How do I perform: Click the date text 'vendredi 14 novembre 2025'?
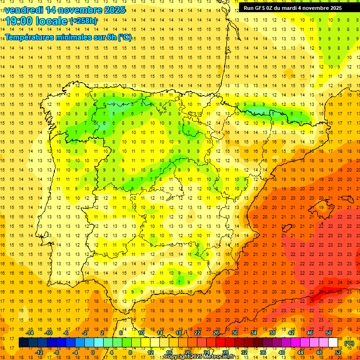[65, 10]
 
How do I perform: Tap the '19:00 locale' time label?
[37, 21]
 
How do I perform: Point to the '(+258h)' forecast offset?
[83, 21]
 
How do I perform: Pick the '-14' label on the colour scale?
[30, 333]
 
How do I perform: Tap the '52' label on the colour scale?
[338, 352]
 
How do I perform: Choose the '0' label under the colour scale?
[92, 352]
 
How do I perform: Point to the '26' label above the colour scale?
[216, 333]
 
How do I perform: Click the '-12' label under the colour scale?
[39, 352]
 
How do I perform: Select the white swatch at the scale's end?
[333, 343]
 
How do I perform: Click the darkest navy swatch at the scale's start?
[23, 343]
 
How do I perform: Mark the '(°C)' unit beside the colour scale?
[349, 343]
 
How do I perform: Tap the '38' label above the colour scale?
[272, 333]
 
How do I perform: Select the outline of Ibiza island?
[287, 228]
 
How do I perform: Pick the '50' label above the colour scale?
[329, 333]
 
